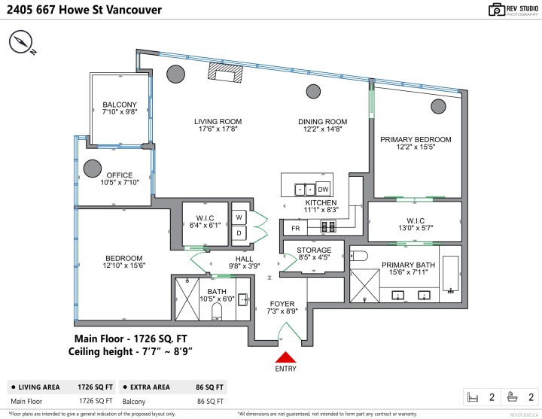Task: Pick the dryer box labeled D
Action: click(x=239, y=232)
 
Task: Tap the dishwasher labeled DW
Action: click(x=323, y=189)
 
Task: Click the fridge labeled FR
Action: click(x=295, y=227)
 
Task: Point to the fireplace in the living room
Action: click(x=227, y=72)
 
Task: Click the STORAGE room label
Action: click(x=314, y=250)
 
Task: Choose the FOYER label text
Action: click(x=282, y=304)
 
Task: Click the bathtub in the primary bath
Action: click(x=450, y=275)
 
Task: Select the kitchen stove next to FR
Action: click(x=328, y=226)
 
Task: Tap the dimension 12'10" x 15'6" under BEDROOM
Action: click(x=123, y=266)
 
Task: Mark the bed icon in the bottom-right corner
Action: click(x=473, y=396)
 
